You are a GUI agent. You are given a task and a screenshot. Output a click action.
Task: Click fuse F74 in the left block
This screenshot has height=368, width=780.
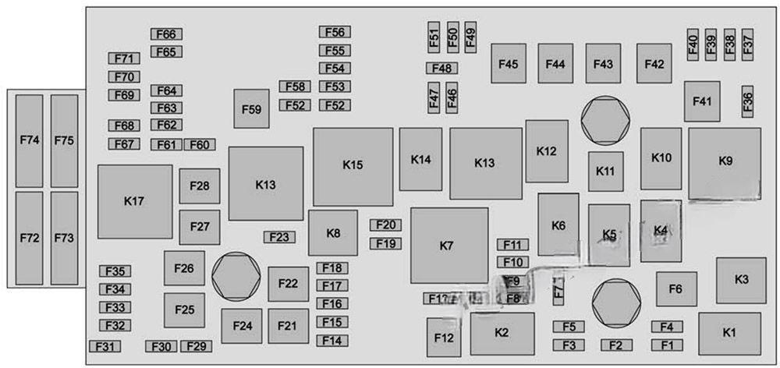coord(29,140)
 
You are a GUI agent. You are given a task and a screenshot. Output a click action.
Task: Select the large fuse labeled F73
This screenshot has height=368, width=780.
coord(64,238)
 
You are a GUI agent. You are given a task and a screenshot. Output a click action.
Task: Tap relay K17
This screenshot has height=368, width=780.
coord(134,201)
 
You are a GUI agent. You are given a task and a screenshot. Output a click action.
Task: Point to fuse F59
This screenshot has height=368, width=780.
coord(251,109)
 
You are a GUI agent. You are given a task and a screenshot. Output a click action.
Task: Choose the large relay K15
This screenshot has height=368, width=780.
coord(353,166)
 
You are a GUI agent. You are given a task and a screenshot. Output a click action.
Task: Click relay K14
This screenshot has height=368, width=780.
coord(421,160)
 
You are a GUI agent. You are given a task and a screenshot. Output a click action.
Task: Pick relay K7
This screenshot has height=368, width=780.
coord(448,246)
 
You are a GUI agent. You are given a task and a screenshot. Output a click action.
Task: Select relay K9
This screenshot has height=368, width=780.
coord(725,163)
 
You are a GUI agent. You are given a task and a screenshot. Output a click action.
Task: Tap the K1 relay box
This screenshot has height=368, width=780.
coord(729,333)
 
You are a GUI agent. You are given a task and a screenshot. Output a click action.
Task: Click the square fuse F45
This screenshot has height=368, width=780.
coord(508,64)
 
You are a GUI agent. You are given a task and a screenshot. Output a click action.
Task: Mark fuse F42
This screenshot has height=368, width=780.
coord(654,64)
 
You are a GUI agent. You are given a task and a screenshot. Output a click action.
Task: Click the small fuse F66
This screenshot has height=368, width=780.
coord(166,34)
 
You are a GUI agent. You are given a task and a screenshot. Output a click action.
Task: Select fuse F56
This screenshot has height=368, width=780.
coord(335,32)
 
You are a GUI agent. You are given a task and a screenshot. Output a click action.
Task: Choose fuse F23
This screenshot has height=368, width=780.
coord(279,237)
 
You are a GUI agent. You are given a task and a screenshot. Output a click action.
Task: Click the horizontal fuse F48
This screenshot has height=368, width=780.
coord(441,69)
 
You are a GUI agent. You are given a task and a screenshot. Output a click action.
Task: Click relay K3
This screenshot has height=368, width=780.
coord(741,279)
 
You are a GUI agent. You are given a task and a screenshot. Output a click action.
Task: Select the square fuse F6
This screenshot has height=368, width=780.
coord(676,289)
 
